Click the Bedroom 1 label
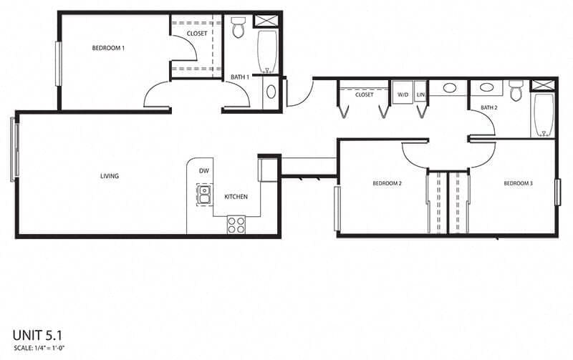point(109,49)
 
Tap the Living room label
point(110,176)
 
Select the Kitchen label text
point(236,197)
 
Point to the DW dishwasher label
point(203,171)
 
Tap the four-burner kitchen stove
point(236,224)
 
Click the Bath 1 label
point(240,77)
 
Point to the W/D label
point(402,94)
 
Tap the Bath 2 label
point(488,108)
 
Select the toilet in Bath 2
point(516,90)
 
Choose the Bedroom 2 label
point(387,184)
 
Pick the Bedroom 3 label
point(518,184)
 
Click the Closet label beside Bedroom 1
point(197,34)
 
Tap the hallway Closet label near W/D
point(364,94)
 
